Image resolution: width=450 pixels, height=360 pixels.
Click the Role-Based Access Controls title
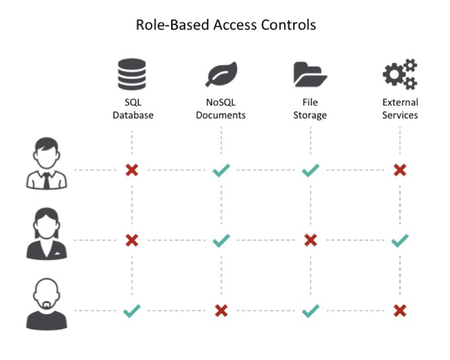coord(225,24)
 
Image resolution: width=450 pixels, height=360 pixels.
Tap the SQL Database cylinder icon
coord(132,74)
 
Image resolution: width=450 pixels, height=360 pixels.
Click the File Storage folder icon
coord(310,75)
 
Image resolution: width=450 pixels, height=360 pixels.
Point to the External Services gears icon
coord(399,74)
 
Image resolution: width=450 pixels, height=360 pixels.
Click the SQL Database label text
coord(132,108)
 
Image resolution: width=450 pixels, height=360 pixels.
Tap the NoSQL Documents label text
coord(220,108)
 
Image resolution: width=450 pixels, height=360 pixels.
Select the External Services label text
coord(400,108)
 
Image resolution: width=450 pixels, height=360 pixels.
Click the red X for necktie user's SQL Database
coord(132,170)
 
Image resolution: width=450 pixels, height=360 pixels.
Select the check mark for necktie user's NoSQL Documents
coord(221,170)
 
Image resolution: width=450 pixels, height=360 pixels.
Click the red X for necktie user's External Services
coord(399,170)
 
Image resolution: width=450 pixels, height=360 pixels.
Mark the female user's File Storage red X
coord(310,240)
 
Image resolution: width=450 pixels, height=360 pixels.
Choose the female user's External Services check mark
coord(400,240)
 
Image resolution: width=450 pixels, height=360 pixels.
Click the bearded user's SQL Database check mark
coord(132,311)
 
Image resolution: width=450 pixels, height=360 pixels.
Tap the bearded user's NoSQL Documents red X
coord(221,311)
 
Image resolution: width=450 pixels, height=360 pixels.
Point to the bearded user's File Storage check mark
coord(310,311)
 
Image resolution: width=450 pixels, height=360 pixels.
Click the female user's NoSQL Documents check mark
coord(221,240)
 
